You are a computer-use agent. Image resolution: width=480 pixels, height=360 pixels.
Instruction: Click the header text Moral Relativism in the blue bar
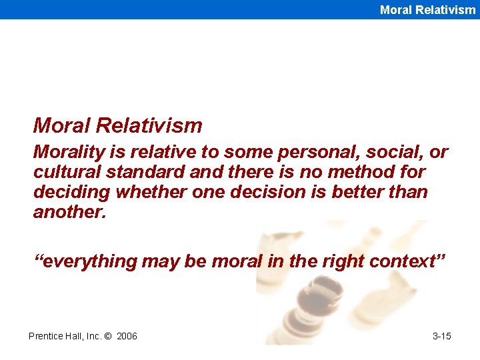coord(427,9)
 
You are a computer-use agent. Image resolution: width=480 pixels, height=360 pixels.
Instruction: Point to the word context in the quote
coord(403,261)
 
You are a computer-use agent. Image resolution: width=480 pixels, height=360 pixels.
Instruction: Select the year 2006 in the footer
coord(127,336)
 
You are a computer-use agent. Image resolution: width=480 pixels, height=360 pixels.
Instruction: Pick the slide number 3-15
coord(441,336)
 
